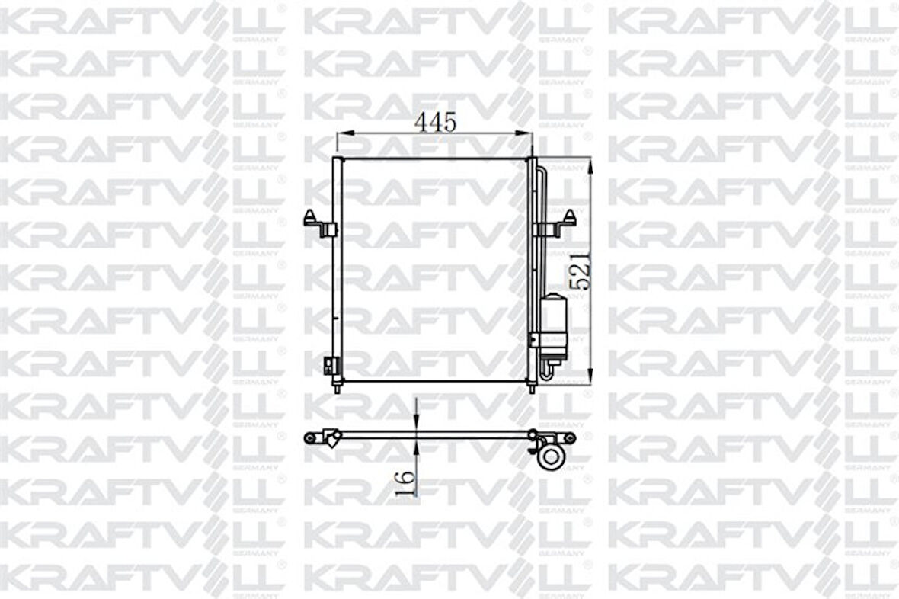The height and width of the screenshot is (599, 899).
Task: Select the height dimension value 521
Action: coord(581,271)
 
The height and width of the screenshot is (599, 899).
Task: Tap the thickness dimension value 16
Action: coord(406,482)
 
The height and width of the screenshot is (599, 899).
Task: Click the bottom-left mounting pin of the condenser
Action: coord(337,388)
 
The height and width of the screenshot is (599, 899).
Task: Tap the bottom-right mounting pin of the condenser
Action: coord(532,388)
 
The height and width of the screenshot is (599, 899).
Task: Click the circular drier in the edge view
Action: coord(550,457)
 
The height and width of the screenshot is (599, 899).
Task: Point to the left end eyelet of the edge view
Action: coord(309,437)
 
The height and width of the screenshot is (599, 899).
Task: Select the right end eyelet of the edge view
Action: coord(569,437)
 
